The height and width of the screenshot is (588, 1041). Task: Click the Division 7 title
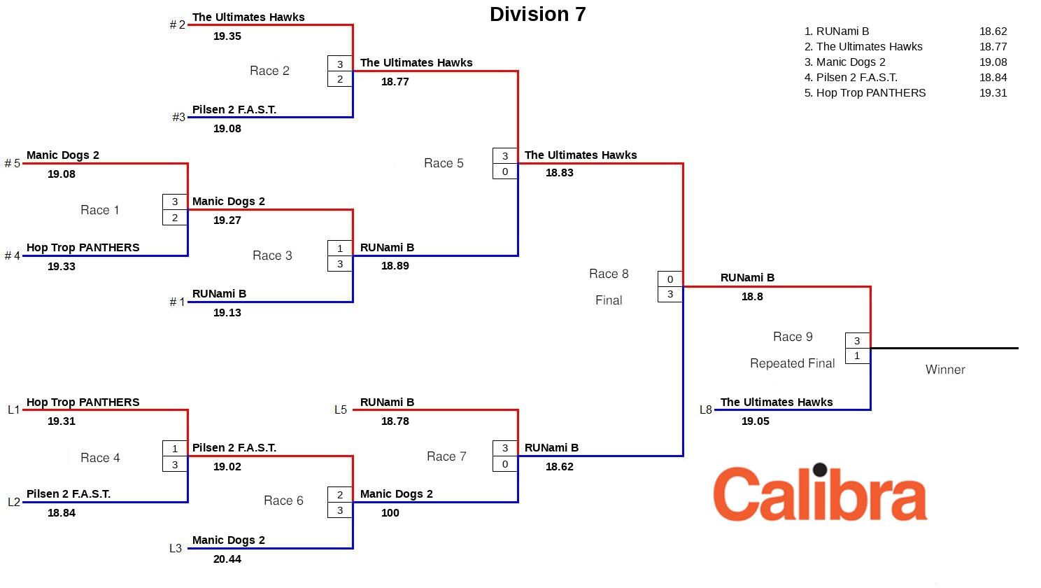pyautogui.click(x=537, y=14)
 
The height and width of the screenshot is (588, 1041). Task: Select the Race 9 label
pyautogui.click(x=793, y=337)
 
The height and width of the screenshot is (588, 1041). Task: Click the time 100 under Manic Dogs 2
pyautogui.click(x=390, y=512)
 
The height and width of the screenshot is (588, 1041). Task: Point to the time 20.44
pyautogui.click(x=227, y=559)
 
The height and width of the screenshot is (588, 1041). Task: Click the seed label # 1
pyautogui.click(x=178, y=302)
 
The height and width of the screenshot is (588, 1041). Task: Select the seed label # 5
pyautogui.click(x=13, y=163)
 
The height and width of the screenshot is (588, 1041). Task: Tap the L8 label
pyautogui.click(x=706, y=409)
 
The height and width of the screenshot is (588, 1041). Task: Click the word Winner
pyautogui.click(x=945, y=370)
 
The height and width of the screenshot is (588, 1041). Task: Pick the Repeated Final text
pyautogui.click(x=792, y=363)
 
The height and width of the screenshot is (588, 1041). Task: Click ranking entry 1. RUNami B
pyautogui.click(x=837, y=31)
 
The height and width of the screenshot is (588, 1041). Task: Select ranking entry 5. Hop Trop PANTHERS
pyautogui.click(x=865, y=92)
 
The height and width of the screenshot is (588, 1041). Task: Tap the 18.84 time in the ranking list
pyautogui.click(x=993, y=77)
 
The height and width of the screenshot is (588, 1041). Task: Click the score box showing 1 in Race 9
pyautogui.click(x=857, y=356)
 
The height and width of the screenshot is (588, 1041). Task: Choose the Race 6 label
pyautogui.click(x=283, y=500)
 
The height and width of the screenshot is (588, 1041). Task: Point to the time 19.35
pyautogui.click(x=227, y=36)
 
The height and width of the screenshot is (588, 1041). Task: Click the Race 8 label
pyautogui.click(x=609, y=274)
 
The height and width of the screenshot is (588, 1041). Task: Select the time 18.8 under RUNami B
pyautogui.click(x=752, y=297)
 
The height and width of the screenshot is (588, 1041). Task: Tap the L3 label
pyautogui.click(x=176, y=548)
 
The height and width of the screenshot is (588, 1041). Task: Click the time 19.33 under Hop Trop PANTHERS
pyautogui.click(x=62, y=266)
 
